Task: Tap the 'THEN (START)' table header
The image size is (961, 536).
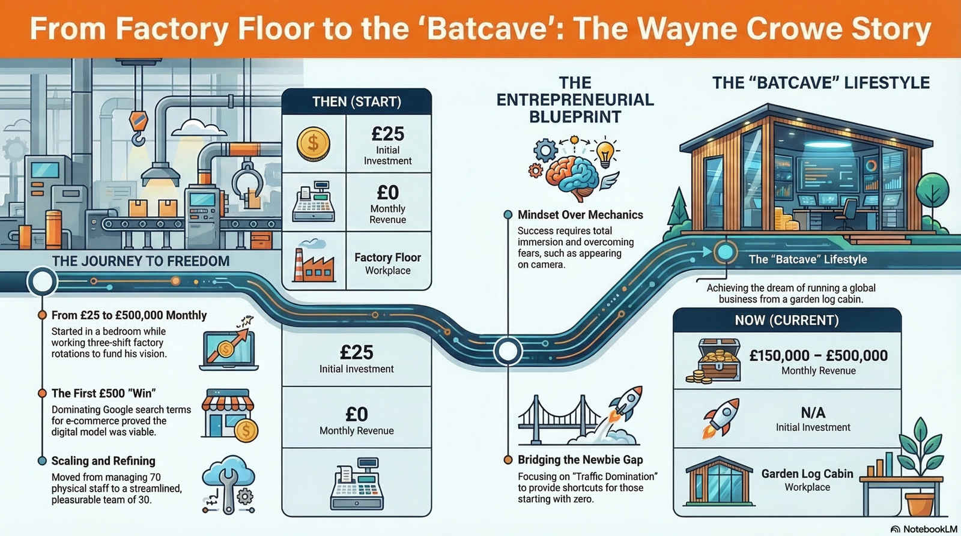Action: (x=357, y=101)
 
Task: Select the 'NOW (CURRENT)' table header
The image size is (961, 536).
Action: (x=787, y=321)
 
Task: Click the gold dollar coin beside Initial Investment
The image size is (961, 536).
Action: (x=313, y=144)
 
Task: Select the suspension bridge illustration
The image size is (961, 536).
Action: (x=559, y=420)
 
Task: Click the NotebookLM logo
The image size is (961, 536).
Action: (x=924, y=529)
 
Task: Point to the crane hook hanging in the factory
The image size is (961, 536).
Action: (x=138, y=128)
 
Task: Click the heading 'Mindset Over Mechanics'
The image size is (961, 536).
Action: (x=580, y=215)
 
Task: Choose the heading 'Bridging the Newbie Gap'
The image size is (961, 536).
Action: (x=580, y=460)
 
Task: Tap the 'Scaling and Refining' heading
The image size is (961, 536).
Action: (x=103, y=461)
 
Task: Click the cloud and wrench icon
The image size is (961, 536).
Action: (x=229, y=484)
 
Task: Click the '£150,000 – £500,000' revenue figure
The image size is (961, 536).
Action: (x=819, y=355)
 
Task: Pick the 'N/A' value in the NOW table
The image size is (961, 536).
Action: (x=813, y=412)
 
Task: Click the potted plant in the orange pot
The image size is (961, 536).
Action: (x=920, y=468)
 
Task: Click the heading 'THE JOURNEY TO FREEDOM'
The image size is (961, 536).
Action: (x=141, y=261)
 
